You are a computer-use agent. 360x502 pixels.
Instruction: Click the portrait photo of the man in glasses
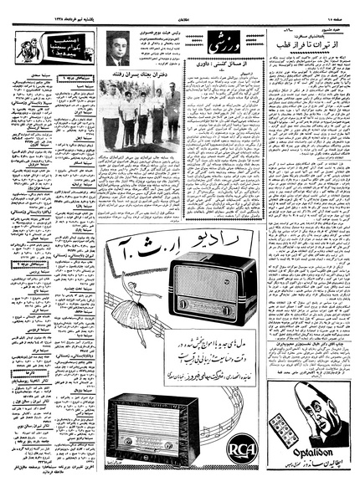[x=117, y=49]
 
